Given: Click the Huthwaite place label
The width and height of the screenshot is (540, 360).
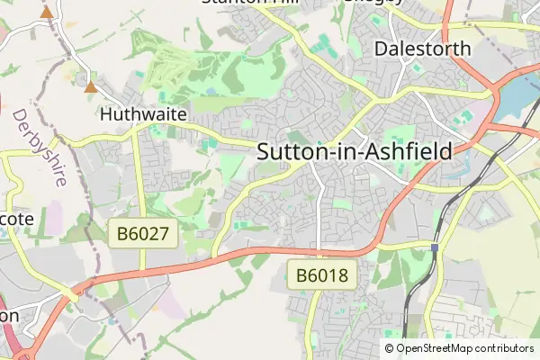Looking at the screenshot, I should point(143,115).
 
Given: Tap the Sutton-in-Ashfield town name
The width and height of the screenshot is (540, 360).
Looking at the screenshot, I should point(355,152).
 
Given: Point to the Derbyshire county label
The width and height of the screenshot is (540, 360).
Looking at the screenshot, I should point(40,148).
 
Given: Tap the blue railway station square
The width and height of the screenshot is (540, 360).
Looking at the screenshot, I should point(435,247).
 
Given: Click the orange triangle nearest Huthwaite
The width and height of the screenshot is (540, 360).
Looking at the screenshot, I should point(90,86).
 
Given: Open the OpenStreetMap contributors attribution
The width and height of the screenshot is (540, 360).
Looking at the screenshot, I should point(458,347).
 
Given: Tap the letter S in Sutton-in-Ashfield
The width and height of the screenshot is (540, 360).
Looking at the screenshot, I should point(265,152).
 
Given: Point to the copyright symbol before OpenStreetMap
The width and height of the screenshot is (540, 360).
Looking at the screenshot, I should point(389,347).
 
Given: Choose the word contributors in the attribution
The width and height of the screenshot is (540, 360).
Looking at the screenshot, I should point(503,347).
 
